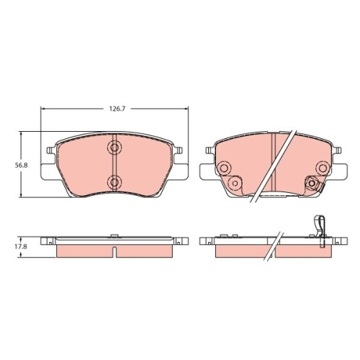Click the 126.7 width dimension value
pos(117,109)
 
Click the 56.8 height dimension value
pos(22,165)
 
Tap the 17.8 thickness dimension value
pos(22,247)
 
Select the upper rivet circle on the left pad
pos(114,147)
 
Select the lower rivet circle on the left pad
pos(114,182)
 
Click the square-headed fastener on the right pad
pos(312,184)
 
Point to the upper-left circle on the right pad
pos(224,168)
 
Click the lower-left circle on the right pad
pos(235,184)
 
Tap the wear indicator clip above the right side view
pos(320,230)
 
